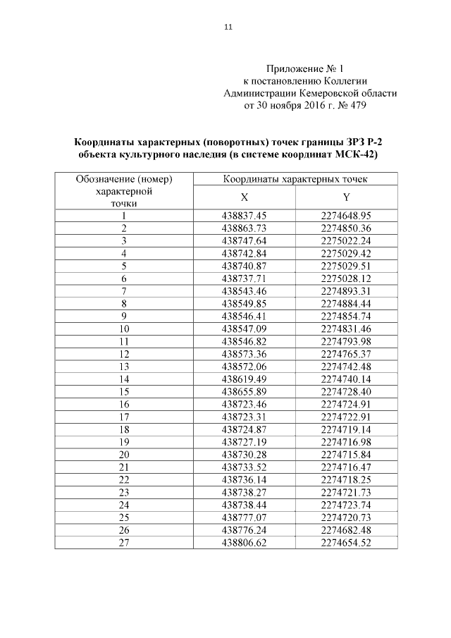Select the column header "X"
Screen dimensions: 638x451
(x=245, y=198)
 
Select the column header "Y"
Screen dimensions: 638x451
(x=346, y=198)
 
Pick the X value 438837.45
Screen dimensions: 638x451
(x=245, y=216)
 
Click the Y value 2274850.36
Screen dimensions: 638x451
(x=345, y=228)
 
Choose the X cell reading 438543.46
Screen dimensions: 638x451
(x=245, y=290)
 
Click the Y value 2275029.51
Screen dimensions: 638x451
(x=345, y=265)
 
